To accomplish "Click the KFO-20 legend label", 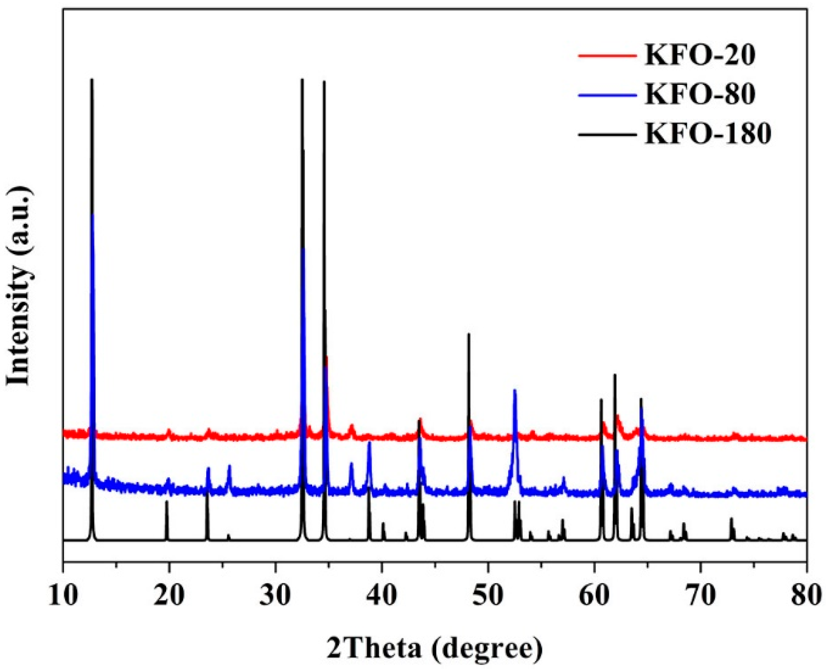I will coord(700,56).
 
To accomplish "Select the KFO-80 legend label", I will coord(700,94).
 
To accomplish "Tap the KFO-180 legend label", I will coord(708,133).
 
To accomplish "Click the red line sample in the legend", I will coord(607,56).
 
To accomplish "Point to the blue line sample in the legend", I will coord(607,95).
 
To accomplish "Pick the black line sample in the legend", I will coord(607,134).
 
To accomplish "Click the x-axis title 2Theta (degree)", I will coord(435,648).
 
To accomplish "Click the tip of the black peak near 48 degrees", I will coord(468,334).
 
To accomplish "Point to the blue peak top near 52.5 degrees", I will coord(515,390).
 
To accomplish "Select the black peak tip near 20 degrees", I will coord(167,501).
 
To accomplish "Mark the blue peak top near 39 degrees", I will coord(369,442).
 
